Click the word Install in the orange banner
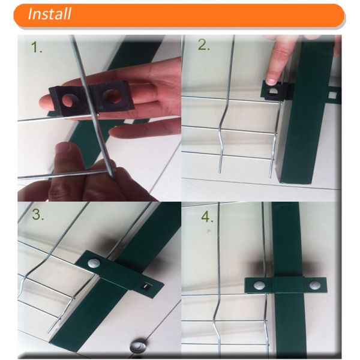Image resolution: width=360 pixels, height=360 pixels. (49, 14)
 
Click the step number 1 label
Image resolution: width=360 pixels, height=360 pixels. (37, 47)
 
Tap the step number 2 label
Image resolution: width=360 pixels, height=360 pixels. (203, 45)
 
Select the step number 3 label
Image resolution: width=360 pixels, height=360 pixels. (38, 214)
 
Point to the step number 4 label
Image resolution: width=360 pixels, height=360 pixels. (207, 217)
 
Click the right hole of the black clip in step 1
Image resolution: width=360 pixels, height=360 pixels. (112, 96)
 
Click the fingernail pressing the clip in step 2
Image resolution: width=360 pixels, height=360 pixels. (273, 82)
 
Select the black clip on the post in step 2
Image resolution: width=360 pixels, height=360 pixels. (277, 90)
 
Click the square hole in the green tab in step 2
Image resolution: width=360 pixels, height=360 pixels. (333, 95)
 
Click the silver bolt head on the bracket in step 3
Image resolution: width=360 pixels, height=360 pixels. (94, 263)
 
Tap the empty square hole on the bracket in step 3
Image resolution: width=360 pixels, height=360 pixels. (146, 286)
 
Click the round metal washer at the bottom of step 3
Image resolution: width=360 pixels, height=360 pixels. (139, 346)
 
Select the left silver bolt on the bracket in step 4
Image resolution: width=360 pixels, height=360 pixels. (259, 285)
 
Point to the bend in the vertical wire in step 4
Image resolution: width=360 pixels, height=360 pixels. (217, 314)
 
